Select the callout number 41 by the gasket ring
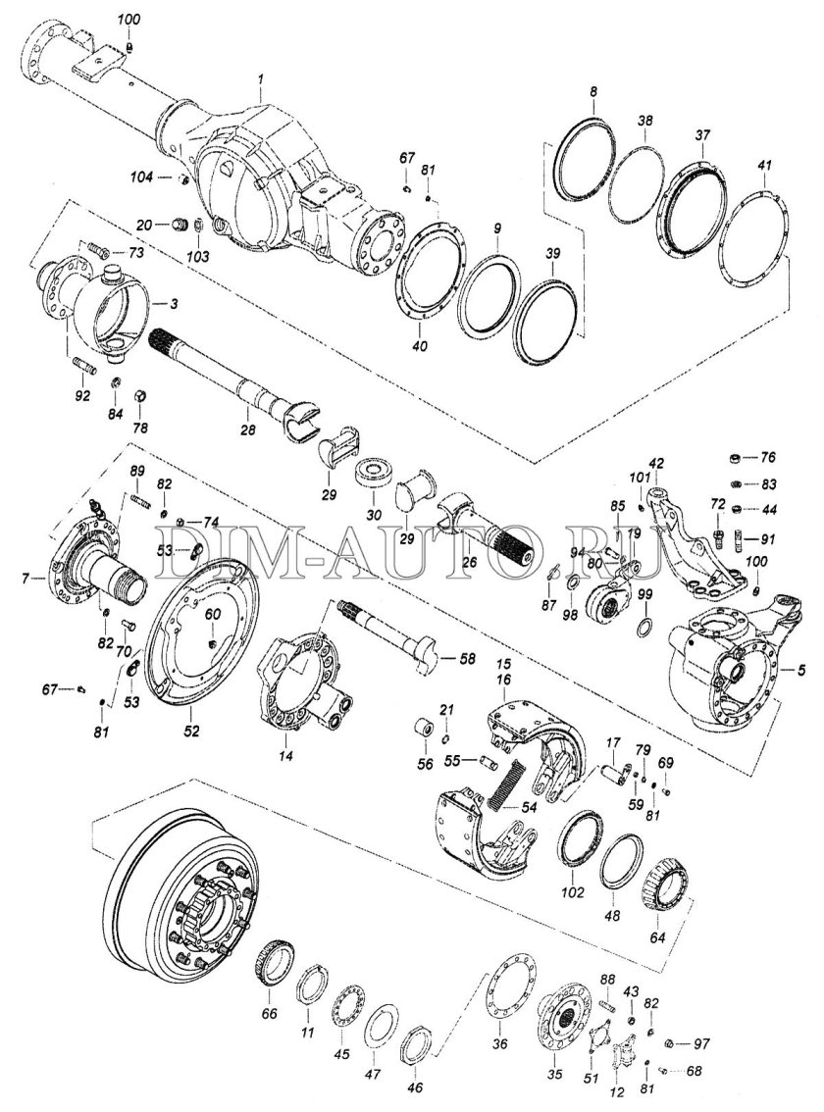(764, 168)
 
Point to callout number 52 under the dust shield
(192, 732)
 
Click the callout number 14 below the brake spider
(284, 756)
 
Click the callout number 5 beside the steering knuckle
(802, 671)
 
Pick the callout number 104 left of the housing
(142, 177)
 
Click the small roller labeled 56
(425, 731)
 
